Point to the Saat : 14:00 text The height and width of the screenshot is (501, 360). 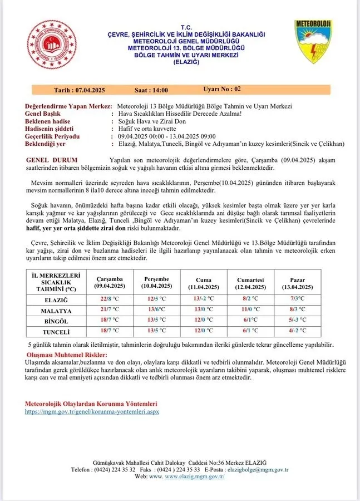coord(151,90)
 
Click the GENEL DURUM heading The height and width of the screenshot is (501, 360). coord(52,160)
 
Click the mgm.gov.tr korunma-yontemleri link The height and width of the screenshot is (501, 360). coord(92,411)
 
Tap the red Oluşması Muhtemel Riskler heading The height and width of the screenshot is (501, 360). coord(67,355)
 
